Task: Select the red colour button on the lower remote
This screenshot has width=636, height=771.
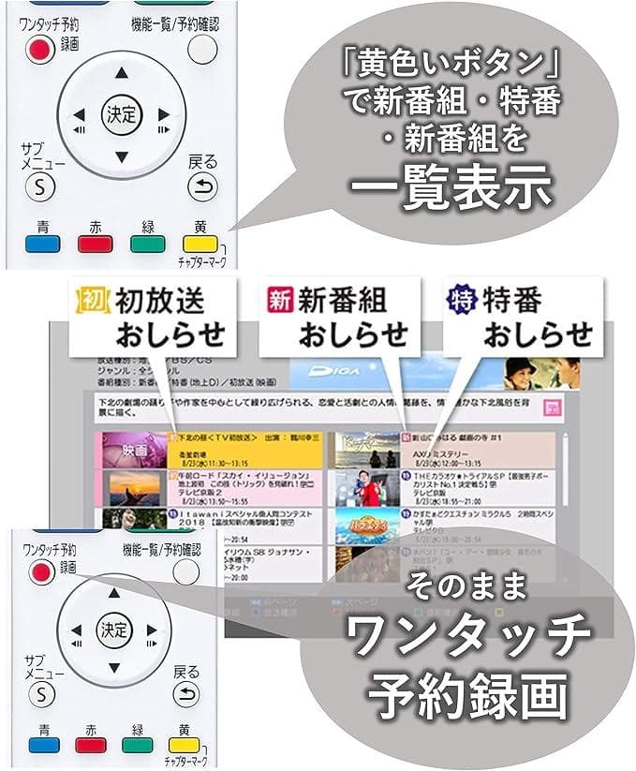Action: click(x=94, y=746)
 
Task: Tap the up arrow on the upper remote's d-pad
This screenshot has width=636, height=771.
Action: click(x=119, y=72)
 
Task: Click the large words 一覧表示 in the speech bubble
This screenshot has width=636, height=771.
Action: click(x=448, y=185)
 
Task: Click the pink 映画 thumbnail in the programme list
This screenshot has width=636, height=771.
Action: click(x=133, y=449)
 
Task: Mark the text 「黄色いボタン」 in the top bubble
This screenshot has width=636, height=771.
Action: click(x=449, y=66)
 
